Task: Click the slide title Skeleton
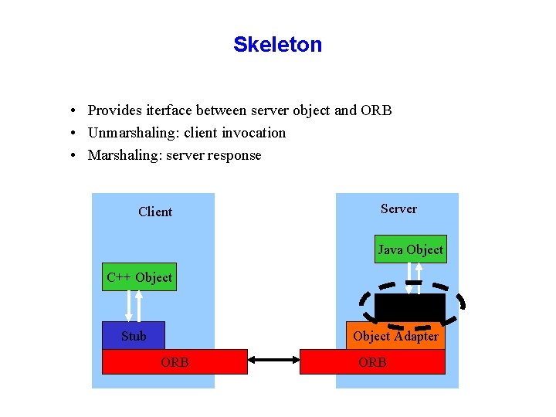[277, 45]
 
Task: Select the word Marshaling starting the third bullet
[120, 155]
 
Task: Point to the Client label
[155, 212]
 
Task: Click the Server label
[398, 208]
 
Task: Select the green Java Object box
[410, 249]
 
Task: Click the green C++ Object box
[139, 277]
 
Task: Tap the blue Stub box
[134, 335]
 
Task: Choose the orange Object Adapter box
[395, 336]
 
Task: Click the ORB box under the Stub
[175, 361]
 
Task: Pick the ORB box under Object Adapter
[372, 361]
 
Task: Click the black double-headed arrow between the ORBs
[273, 360]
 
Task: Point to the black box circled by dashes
[409, 307]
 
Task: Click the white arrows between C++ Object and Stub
[134, 306]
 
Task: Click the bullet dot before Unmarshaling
[70, 134]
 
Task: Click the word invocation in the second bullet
[254, 133]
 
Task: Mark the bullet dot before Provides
[70, 111]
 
